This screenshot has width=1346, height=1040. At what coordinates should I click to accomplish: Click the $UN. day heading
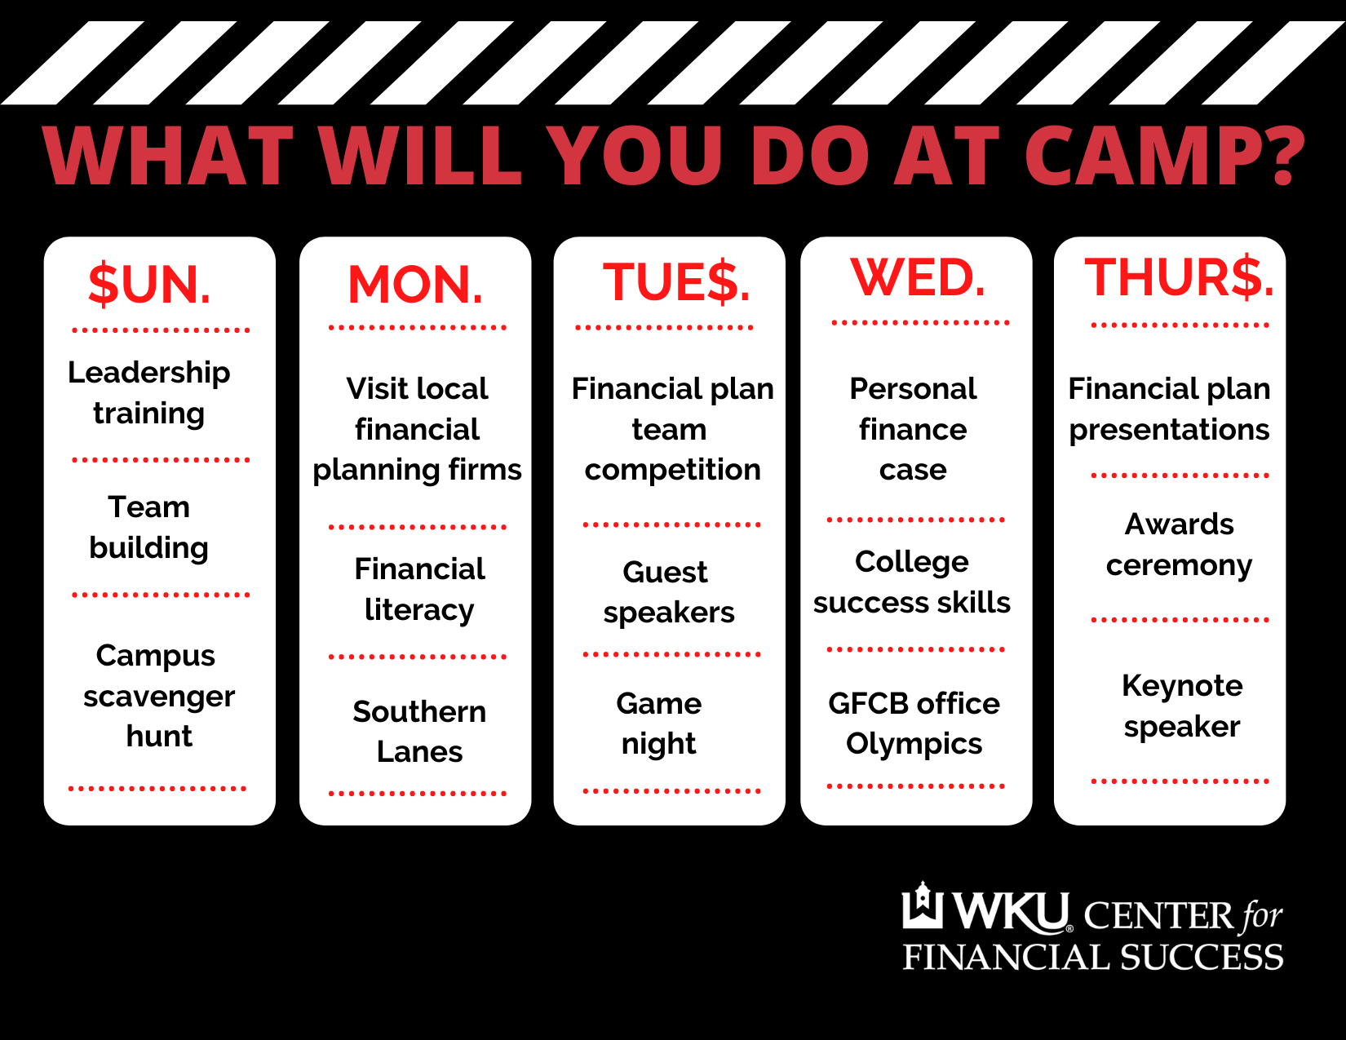149,285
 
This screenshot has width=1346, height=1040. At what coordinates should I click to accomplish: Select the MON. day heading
415,285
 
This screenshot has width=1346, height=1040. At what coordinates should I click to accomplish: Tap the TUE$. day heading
676,282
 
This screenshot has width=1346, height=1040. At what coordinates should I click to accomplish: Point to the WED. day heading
918,277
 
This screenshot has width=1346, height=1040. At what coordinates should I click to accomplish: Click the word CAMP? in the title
1165,155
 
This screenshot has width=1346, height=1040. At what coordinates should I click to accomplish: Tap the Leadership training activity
148,392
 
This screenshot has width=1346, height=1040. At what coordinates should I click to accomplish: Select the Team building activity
148,528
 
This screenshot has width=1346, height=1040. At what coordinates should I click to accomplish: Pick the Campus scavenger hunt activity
158,696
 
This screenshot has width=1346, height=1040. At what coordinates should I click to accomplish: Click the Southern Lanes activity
419,732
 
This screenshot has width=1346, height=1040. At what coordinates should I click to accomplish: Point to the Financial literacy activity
419,590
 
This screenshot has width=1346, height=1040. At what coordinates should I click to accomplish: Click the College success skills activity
912,582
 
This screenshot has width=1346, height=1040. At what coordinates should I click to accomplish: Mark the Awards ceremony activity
1179,545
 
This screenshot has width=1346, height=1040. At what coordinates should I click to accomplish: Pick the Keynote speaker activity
1182,706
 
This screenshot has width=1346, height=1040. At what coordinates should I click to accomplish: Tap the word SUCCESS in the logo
1202,957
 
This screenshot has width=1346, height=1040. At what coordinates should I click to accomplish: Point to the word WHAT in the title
168,155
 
